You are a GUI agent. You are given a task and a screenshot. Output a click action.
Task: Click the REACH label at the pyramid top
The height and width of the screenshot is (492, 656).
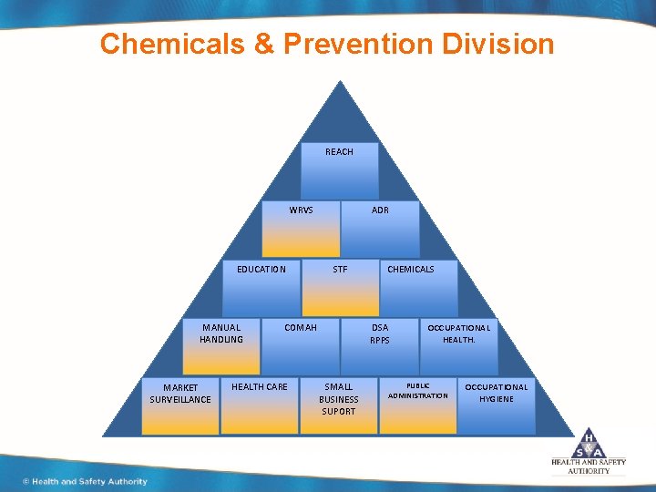pyautogui.click(x=339, y=152)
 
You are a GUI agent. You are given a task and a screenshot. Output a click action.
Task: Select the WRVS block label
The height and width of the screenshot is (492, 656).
pyautogui.click(x=301, y=210)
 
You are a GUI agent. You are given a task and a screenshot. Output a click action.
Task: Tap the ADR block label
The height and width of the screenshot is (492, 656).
pyautogui.click(x=380, y=210)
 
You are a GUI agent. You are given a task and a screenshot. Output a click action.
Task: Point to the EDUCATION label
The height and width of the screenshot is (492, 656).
pyautogui.click(x=261, y=269)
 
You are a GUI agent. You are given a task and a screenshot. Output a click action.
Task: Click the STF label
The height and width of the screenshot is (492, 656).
pyautogui.click(x=340, y=269)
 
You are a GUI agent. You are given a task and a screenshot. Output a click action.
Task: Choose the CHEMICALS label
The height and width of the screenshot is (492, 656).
pyautogui.click(x=411, y=269)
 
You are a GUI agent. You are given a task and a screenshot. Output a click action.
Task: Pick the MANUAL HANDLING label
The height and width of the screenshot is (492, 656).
pyautogui.click(x=221, y=333)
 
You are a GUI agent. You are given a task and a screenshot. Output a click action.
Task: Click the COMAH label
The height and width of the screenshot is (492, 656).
pyautogui.click(x=301, y=327)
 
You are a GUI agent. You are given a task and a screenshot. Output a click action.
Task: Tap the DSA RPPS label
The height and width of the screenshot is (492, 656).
pyautogui.click(x=380, y=333)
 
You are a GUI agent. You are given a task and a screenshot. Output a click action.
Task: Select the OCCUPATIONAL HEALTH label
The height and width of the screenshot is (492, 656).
pyautogui.click(x=459, y=333)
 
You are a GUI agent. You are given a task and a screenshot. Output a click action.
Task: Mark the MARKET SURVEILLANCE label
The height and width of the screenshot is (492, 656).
pyautogui.click(x=180, y=394)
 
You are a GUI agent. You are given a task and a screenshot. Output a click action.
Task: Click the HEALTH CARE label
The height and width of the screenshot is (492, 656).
pyautogui.click(x=259, y=387)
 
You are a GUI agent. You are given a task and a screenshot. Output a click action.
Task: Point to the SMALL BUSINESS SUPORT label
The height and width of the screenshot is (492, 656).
pyautogui.click(x=339, y=399)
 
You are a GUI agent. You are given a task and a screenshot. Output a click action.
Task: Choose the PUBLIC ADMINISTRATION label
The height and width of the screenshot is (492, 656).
pyautogui.click(x=418, y=391)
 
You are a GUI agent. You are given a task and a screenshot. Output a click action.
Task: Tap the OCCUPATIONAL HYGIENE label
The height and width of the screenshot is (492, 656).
pyautogui.click(x=497, y=393)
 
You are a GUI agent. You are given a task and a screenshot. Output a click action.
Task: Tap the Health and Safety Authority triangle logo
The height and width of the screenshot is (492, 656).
pyautogui.click(x=589, y=443)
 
